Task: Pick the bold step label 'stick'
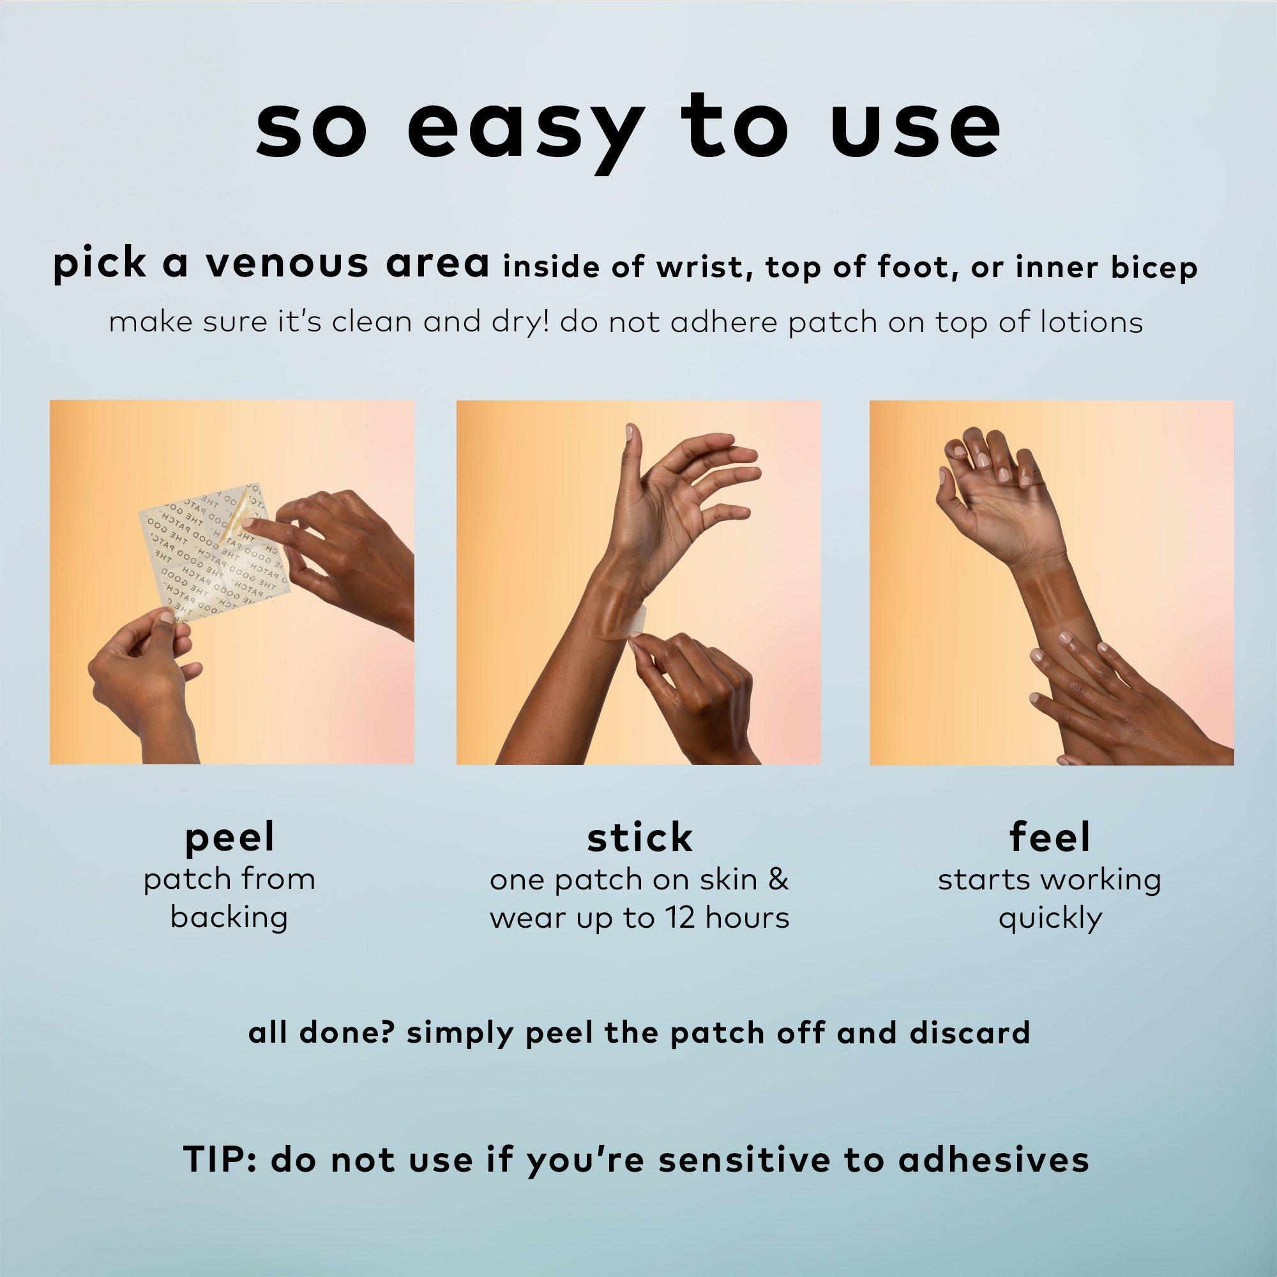(x=639, y=838)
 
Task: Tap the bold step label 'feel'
(x=1050, y=838)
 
